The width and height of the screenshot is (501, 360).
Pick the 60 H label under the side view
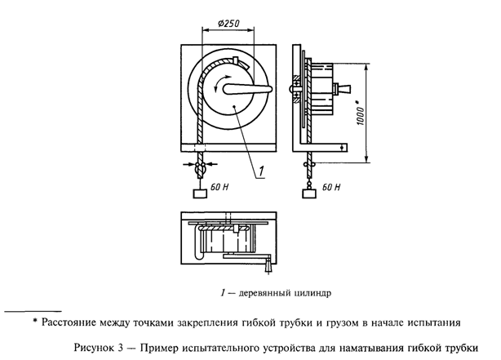pos(331,187)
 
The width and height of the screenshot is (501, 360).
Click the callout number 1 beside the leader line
pos(259,170)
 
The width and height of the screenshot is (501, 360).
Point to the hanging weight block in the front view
pos(199,193)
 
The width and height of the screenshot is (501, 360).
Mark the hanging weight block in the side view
pos(308,193)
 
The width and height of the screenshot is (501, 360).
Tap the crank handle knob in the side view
pos(347,88)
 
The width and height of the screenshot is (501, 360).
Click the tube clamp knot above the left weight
pos(199,168)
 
